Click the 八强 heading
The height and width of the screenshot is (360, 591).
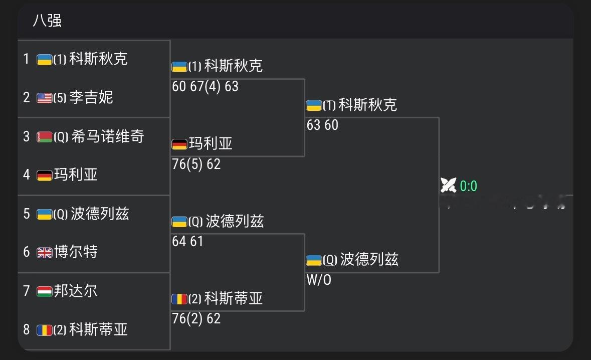tap(48, 21)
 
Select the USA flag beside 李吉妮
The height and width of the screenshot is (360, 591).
tap(45, 98)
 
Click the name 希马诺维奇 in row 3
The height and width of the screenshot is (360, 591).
tap(107, 136)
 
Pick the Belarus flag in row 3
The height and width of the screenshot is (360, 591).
tap(45, 137)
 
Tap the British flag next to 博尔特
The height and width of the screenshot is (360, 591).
tap(45, 253)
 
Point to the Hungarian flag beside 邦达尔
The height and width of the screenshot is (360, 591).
tap(45, 291)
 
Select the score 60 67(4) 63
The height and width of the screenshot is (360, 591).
tap(205, 86)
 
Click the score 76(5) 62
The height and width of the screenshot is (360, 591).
tap(196, 164)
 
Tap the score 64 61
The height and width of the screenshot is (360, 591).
tap(187, 241)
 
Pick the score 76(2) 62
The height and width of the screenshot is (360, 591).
tap(196, 318)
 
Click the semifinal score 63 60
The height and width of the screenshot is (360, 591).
tap(322, 125)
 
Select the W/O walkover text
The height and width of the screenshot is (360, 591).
tap(319, 280)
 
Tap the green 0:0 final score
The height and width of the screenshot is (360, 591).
tap(468, 186)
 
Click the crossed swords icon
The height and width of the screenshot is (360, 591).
tap(448, 186)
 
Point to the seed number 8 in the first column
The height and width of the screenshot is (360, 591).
tap(27, 329)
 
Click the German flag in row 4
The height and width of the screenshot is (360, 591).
tap(45, 175)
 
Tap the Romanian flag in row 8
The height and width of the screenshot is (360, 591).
tap(45, 330)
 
